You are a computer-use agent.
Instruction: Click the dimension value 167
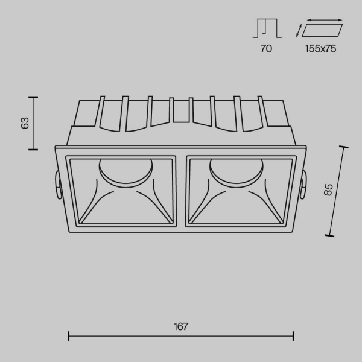tap(181, 326)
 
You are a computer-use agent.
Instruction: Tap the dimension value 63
tap(25, 122)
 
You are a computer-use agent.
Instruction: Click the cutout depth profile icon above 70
tap(266, 29)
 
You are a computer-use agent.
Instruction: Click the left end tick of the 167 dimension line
tap(68, 336)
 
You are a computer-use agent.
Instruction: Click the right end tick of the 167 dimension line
tap(294, 336)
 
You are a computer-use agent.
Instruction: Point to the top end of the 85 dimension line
tap(345, 147)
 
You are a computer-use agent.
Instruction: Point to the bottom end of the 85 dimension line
tap(331, 235)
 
